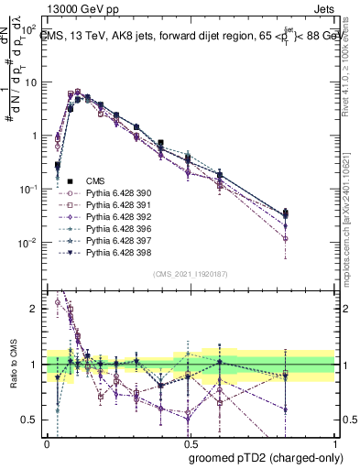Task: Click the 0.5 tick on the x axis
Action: (x=191, y=442)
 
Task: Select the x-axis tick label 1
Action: (x=334, y=442)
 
